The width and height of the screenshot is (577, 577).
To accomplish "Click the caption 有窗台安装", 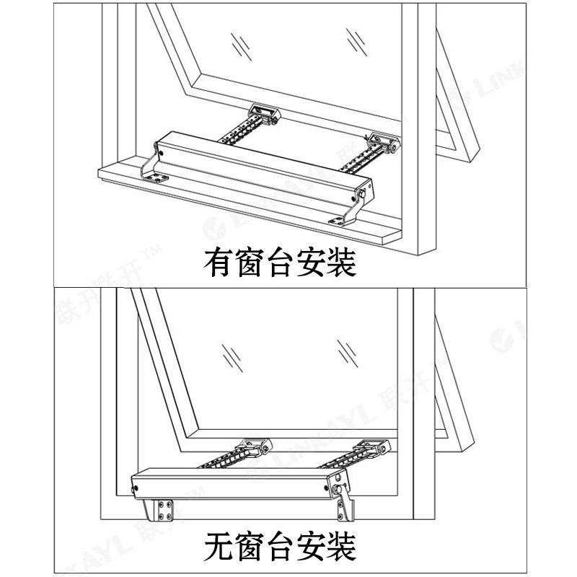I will [x=280, y=263].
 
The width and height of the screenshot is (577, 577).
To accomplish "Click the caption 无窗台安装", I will [x=280, y=546].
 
